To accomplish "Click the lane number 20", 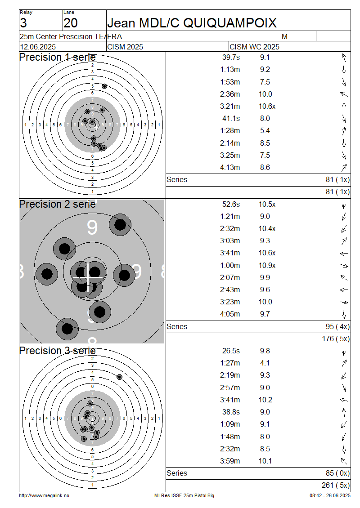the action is point(71,23).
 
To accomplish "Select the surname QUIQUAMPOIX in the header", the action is point(229,23).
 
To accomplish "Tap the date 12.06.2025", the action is point(38,47).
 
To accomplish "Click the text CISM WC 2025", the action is point(254,47).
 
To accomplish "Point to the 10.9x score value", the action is point(267,265).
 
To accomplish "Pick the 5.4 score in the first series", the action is point(265,130).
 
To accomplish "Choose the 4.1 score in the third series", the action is point(265,363).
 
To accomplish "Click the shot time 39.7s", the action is point(231,58).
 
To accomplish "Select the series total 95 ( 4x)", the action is point(337,326).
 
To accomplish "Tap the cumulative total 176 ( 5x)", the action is point(336,339).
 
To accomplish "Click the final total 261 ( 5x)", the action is point(336,486).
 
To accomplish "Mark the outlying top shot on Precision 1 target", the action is point(104,86).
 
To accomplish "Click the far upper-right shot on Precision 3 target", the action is point(119,377).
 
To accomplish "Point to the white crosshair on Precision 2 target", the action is point(88,278).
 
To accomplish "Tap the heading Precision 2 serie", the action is point(58,204).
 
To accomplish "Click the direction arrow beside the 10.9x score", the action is point(344,266).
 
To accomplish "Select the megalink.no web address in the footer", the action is point(44,495).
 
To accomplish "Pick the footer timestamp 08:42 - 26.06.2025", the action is point(330,495).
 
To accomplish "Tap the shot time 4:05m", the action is point(230,314).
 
